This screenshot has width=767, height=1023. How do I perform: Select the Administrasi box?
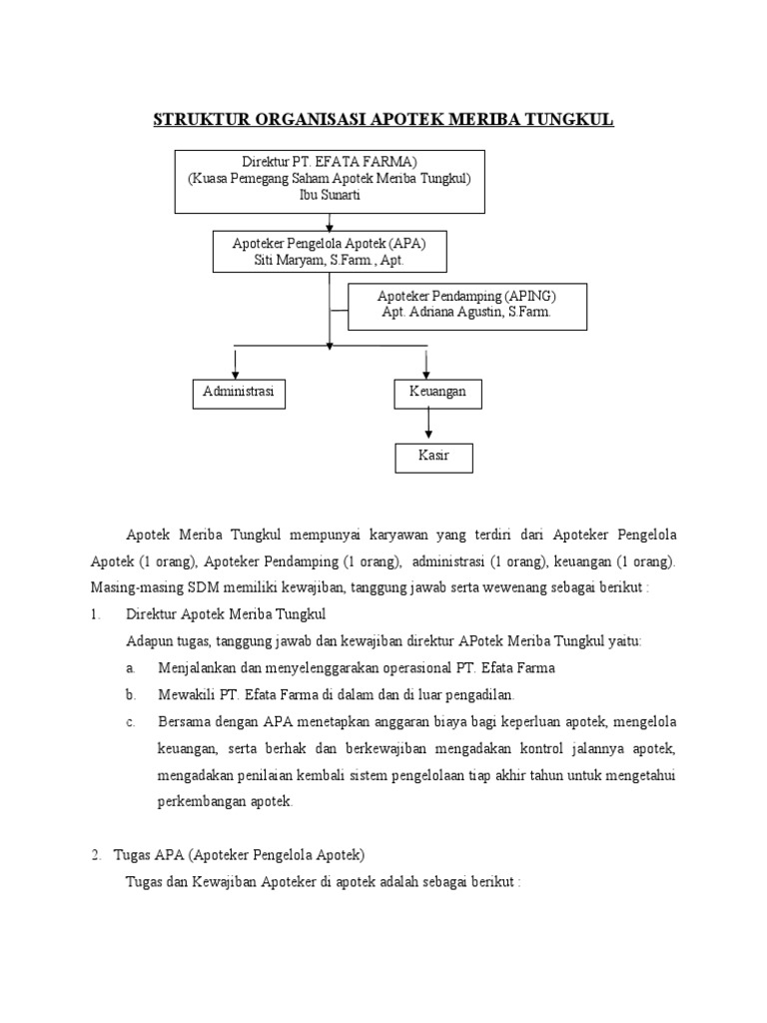coord(238,394)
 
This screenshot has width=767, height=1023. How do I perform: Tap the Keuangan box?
coord(437,394)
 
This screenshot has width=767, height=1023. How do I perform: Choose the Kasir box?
coord(432,457)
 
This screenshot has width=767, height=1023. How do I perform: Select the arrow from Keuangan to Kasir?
coord(429,426)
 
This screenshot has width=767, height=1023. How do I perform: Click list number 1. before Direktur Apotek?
coord(96,614)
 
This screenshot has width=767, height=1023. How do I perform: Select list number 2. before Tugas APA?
coord(96,855)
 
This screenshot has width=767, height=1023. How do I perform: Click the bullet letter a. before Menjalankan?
coord(132,667)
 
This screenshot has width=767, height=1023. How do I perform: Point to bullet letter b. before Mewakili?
coord(132,694)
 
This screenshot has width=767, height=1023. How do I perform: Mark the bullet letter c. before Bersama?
coord(132,721)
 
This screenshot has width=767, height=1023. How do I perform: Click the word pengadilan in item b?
coord(480,694)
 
